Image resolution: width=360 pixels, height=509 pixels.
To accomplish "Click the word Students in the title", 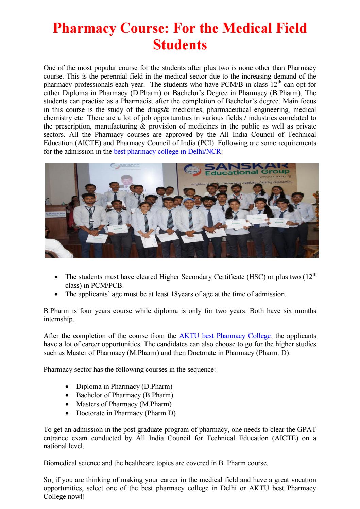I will pos(180,45).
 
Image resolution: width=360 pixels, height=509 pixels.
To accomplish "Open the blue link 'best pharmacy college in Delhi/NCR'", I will pos(167,151).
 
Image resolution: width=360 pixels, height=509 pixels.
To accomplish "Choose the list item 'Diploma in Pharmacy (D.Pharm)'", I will pos(124,387).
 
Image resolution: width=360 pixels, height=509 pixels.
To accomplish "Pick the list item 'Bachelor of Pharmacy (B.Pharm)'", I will pos(124,395).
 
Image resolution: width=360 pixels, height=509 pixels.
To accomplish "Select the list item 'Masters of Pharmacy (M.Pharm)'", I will pos(124,404).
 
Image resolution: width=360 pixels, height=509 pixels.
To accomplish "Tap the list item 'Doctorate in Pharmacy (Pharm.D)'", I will pos(126,413).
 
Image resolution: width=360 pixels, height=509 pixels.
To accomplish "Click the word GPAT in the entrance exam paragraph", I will pos(306,429).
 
